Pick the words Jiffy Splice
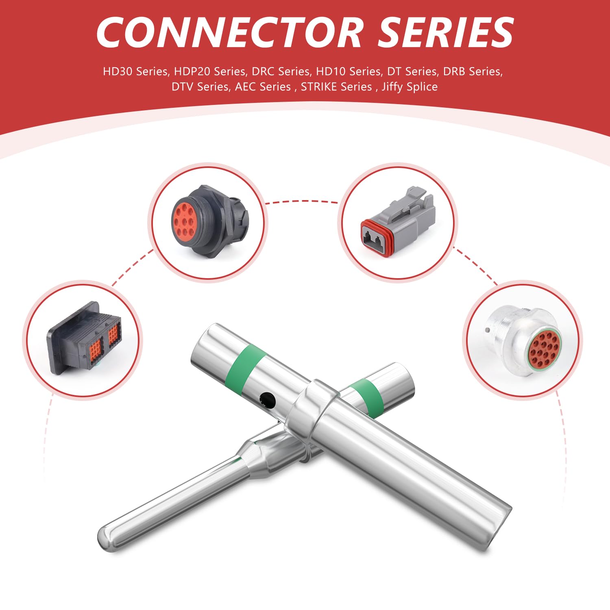(x=410, y=87)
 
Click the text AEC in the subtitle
(x=245, y=87)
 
